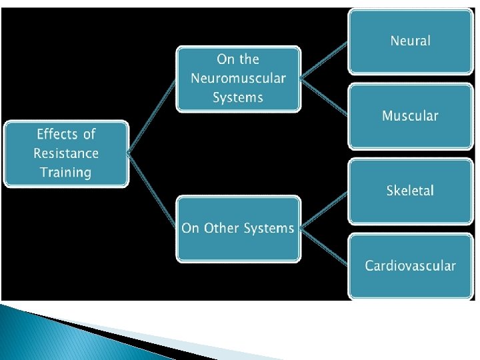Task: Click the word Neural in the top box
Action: pyautogui.click(x=410, y=41)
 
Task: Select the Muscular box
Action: pyautogui.click(x=410, y=116)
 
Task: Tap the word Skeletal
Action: pyautogui.click(x=410, y=191)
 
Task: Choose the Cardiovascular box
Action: pyautogui.click(x=410, y=266)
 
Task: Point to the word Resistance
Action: pyautogui.click(x=66, y=153)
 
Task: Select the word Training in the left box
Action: pyautogui.click(x=65, y=172)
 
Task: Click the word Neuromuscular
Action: pyautogui.click(x=238, y=78)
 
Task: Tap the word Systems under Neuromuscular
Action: pyautogui.click(x=238, y=97)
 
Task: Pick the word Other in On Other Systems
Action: pyautogui.click(x=221, y=228)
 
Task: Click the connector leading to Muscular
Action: pyautogui.click(x=324, y=97)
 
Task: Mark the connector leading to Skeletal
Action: pyautogui.click(x=324, y=209)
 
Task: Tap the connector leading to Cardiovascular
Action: pyautogui.click(x=324, y=247)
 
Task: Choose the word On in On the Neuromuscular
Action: pyautogui.click(x=225, y=59)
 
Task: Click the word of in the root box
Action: pyautogui.click(x=89, y=134)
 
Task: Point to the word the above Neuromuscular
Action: pyautogui.click(x=249, y=59)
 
